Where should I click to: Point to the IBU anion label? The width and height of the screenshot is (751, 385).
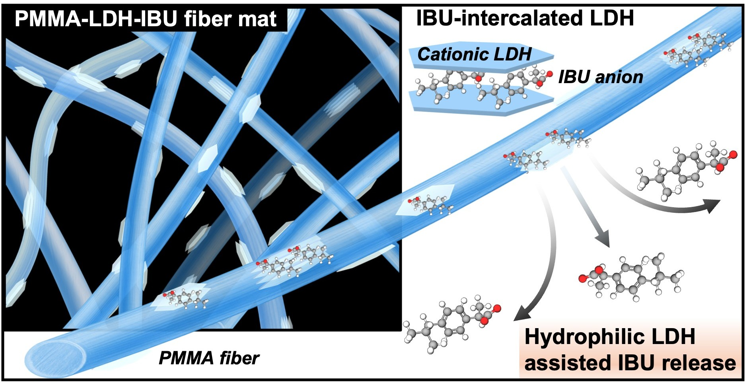(x=601, y=77)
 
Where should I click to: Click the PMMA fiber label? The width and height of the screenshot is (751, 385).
(x=209, y=358)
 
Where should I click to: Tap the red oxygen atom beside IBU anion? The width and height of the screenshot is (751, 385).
(x=550, y=74)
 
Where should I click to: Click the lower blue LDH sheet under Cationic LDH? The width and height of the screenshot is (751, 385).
(x=481, y=104)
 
